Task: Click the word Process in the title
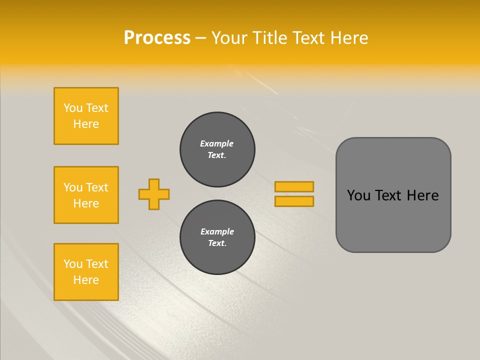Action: click(157, 38)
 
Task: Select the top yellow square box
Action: click(86, 116)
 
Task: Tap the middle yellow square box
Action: click(86, 195)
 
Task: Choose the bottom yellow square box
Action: click(86, 271)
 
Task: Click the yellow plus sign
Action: click(154, 194)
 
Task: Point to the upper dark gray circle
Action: click(217, 149)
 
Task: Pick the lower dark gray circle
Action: click(217, 237)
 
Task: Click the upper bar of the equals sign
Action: click(294, 186)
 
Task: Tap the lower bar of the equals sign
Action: click(294, 201)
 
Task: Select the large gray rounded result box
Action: click(393, 195)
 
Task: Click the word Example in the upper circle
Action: click(217, 143)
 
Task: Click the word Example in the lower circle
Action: click(217, 231)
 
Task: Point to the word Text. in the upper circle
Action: click(217, 155)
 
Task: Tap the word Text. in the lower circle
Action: click(217, 243)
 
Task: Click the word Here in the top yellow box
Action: click(86, 124)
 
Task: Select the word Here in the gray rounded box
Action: click(422, 195)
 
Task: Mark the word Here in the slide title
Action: click(348, 38)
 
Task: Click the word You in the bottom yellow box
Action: click(73, 264)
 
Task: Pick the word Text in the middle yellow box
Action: click(97, 187)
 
